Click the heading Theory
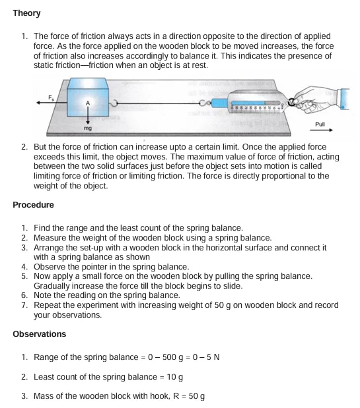26,13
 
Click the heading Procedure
33,205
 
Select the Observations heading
40,334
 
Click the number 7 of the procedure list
24,306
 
